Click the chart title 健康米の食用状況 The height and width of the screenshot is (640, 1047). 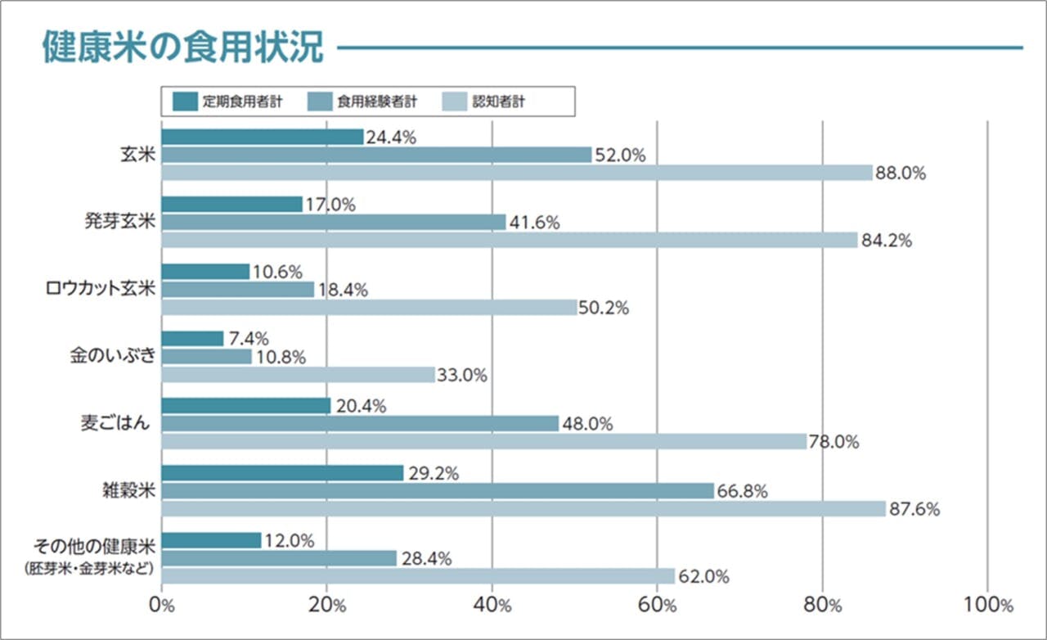[183, 47]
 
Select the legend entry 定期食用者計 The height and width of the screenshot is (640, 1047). [229, 102]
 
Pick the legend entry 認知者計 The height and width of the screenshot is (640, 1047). [490, 102]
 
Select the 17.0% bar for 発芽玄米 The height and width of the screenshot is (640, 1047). [232, 205]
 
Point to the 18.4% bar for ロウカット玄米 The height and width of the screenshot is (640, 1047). [238, 290]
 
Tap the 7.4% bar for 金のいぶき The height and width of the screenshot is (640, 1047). [192, 339]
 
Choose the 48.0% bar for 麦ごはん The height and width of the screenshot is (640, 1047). [360, 423]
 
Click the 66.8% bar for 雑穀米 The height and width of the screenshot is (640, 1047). [438, 491]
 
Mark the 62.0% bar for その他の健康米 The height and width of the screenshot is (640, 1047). [418, 576]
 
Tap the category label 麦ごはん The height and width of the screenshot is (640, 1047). [115, 424]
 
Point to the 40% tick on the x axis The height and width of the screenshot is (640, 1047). [492, 606]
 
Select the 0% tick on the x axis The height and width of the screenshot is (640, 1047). [162, 606]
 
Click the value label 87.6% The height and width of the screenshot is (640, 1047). [914, 509]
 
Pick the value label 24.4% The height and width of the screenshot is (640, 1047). [391, 137]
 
